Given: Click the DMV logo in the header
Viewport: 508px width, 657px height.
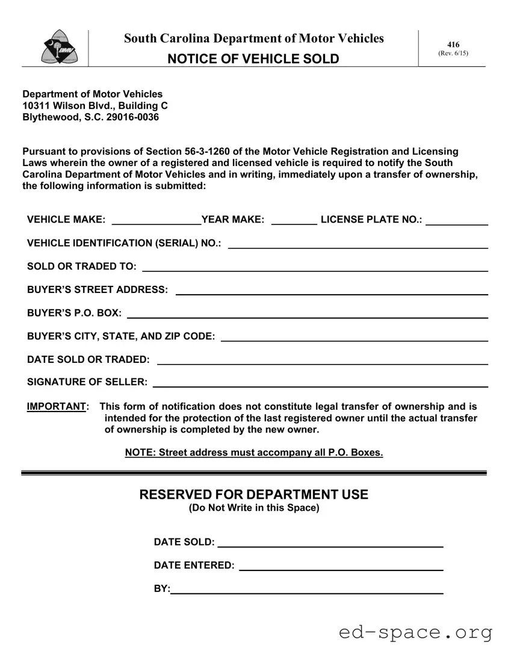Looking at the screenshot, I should tap(55, 47).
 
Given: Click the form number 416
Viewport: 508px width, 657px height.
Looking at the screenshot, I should tap(453, 45).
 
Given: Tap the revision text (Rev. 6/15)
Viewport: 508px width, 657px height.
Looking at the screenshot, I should tap(453, 53).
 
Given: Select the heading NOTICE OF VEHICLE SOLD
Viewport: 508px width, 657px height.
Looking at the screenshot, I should tap(253, 59).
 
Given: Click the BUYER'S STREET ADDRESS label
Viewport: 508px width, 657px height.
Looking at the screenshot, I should tap(98, 290).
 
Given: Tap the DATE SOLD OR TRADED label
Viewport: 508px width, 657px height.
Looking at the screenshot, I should tap(88, 360).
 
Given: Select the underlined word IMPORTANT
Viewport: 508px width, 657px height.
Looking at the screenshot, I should tap(57, 407).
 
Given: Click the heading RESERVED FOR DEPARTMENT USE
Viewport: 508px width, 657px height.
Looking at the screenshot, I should tap(253, 495).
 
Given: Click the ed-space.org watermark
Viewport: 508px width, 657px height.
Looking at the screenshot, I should tap(415, 633).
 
